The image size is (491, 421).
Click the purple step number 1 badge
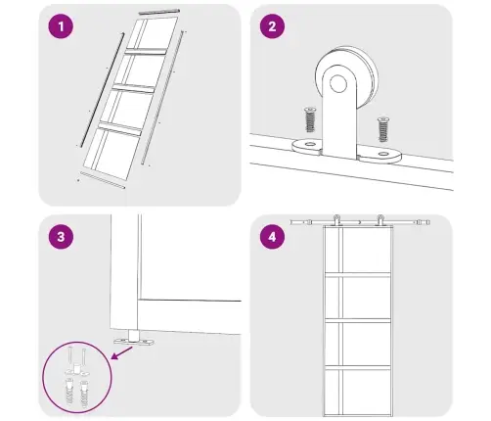click(61, 26)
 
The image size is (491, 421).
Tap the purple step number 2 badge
click(272, 26)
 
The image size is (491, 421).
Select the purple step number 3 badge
click(61, 237)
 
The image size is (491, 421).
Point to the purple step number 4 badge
click(272, 237)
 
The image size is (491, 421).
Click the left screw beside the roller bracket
click(310, 119)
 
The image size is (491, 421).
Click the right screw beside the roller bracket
click(383, 129)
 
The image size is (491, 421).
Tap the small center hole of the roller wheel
click(338, 83)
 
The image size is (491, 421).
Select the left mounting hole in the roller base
click(308, 144)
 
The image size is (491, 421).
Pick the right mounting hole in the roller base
click(383, 154)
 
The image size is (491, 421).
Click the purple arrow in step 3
click(122, 353)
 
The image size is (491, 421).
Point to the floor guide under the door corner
click(134, 339)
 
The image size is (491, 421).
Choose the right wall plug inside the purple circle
click(85, 394)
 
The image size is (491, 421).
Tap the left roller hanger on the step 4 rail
click(336, 219)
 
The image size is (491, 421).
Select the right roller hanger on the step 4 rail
click(379, 219)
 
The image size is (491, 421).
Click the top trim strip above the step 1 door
click(159, 12)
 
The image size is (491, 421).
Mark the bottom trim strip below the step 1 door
click(102, 180)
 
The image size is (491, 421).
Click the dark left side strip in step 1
click(103, 90)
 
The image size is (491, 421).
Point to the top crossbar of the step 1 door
click(146, 52)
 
